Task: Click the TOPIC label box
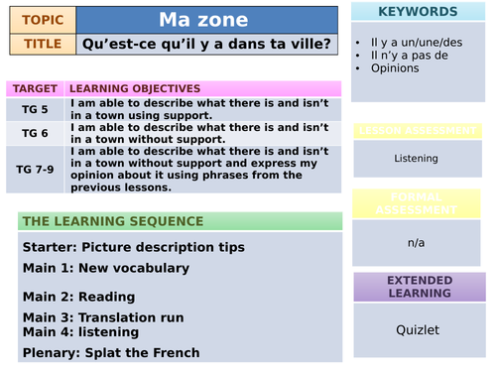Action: click(x=42, y=19)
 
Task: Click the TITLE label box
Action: click(x=42, y=44)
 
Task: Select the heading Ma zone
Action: click(x=207, y=19)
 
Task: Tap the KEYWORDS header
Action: click(x=419, y=12)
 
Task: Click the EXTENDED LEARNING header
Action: click(x=419, y=286)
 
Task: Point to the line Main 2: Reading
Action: click(x=74, y=295)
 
